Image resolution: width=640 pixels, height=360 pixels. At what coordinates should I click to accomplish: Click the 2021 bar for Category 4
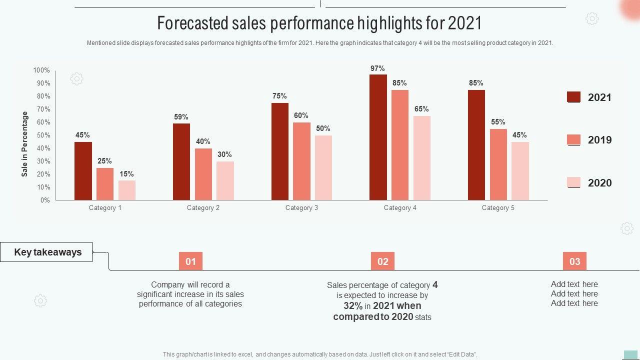pos(378,137)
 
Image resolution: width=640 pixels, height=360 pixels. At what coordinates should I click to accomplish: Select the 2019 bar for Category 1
pos(105,184)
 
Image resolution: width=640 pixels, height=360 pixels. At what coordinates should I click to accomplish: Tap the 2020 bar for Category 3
pos(323,168)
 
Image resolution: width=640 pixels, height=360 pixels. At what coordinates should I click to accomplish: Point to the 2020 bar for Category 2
pos(225,181)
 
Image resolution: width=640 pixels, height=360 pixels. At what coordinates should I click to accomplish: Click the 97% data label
pos(377,68)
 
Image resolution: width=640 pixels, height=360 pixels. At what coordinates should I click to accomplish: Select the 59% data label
pos(181,117)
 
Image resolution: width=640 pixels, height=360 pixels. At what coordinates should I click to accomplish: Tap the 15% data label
pos(126,174)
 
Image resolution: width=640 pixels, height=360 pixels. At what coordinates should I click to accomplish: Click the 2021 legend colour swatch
pos(573,97)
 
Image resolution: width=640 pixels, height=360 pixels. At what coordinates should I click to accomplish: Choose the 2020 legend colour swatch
pos(573,182)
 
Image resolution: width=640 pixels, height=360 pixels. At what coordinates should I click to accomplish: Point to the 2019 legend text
pos(599,140)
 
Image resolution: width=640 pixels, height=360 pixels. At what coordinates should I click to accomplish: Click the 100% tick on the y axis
pos(41,70)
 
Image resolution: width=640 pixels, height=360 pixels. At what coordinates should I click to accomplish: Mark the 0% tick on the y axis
pos(45,200)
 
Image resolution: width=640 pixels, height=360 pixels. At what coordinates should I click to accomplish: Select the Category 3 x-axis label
pos(301,208)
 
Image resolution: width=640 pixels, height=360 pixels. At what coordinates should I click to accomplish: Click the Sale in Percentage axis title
pos(24,144)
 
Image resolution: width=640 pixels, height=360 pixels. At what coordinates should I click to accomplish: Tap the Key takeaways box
pos(46,252)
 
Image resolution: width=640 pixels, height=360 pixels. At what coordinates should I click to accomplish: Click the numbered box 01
pos(190,261)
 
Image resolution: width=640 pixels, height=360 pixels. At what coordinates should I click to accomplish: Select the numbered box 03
pos(574,261)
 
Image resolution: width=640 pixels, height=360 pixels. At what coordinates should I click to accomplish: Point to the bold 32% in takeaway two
pos(353,306)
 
